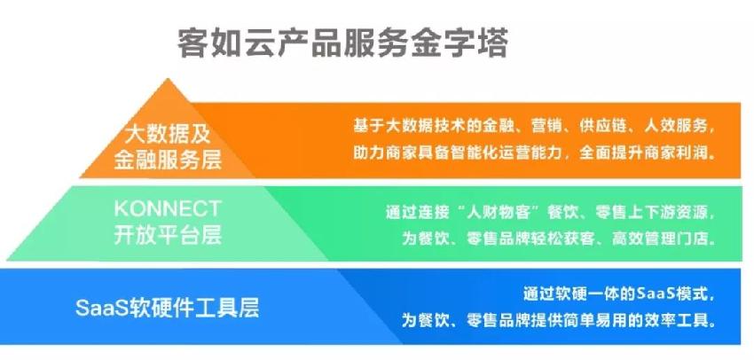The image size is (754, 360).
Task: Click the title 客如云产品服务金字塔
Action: pyautogui.click(x=343, y=44)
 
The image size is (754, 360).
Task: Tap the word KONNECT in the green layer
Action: pyautogui.click(x=168, y=209)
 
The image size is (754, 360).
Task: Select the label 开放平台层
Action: pyautogui.click(x=168, y=235)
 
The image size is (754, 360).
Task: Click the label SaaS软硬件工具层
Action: pyautogui.click(x=168, y=308)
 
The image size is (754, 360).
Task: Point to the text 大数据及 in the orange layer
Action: pyautogui.click(x=168, y=135)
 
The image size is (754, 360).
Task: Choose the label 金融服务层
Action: pyautogui.click(x=168, y=160)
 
